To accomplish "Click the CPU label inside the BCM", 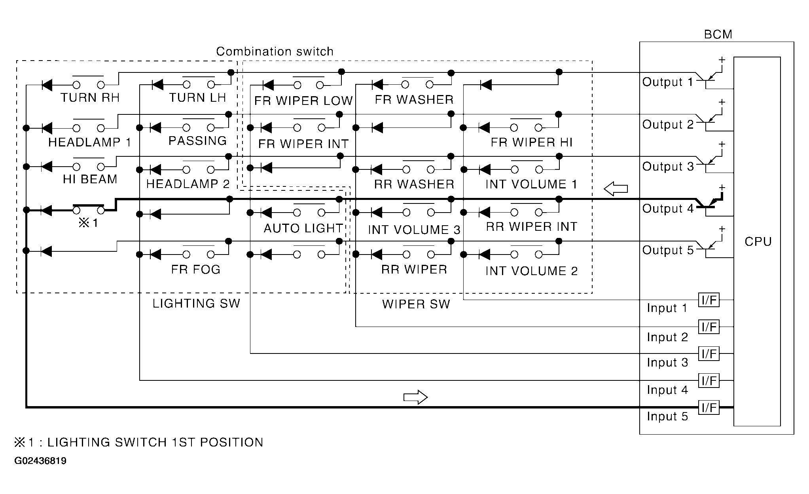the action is pyautogui.click(x=758, y=241).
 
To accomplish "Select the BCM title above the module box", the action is pyautogui.click(x=718, y=34).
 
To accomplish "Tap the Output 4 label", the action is pyautogui.click(x=668, y=209).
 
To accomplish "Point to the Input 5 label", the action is pyautogui.click(x=667, y=416).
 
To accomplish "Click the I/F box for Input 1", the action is pyautogui.click(x=709, y=300).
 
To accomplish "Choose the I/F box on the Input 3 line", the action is pyautogui.click(x=709, y=353).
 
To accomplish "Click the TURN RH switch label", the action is pyautogui.click(x=90, y=98).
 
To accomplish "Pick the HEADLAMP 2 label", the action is pyautogui.click(x=188, y=184).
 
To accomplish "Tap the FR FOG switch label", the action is pyautogui.click(x=195, y=270).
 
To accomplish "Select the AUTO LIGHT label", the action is pyautogui.click(x=303, y=228).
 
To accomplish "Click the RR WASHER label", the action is pyautogui.click(x=414, y=184).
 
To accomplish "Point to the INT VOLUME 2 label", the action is pyautogui.click(x=532, y=271).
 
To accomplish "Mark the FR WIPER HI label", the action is pyautogui.click(x=532, y=142).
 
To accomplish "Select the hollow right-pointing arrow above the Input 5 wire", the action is pyautogui.click(x=415, y=397).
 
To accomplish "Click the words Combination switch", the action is pyautogui.click(x=275, y=51).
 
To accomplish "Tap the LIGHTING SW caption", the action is pyautogui.click(x=196, y=304).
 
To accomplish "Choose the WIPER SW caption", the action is pyautogui.click(x=416, y=304).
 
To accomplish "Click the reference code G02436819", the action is pyautogui.click(x=40, y=461).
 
